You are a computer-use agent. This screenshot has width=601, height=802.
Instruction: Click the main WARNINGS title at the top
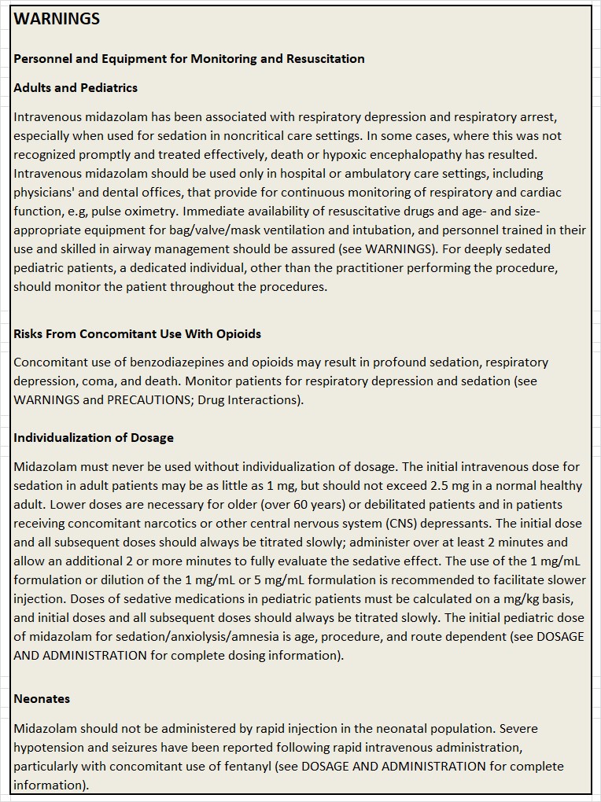click(57, 20)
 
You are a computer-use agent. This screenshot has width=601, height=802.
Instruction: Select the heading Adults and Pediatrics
click(76, 88)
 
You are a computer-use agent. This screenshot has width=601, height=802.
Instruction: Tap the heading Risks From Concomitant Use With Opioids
click(137, 334)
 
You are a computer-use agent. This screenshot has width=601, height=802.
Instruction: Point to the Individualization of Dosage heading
click(94, 438)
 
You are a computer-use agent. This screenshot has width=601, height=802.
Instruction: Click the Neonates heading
click(42, 699)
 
